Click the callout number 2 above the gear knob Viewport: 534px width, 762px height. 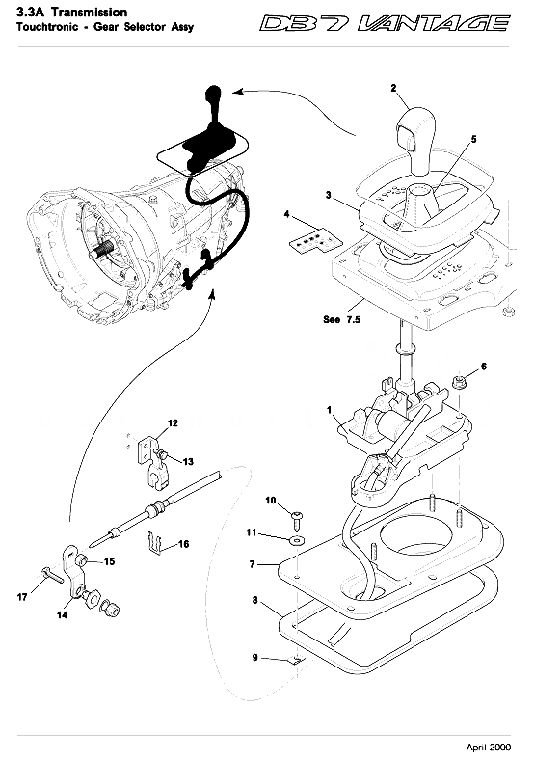click(393, 88)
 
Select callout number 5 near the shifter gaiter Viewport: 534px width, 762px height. click(473, 140)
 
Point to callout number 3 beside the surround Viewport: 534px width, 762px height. click(330, 195)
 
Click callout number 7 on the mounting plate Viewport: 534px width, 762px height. click(252, 562)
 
